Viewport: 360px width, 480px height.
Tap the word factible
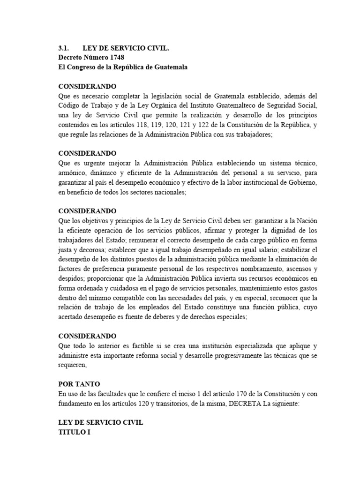tap(135, 346)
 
